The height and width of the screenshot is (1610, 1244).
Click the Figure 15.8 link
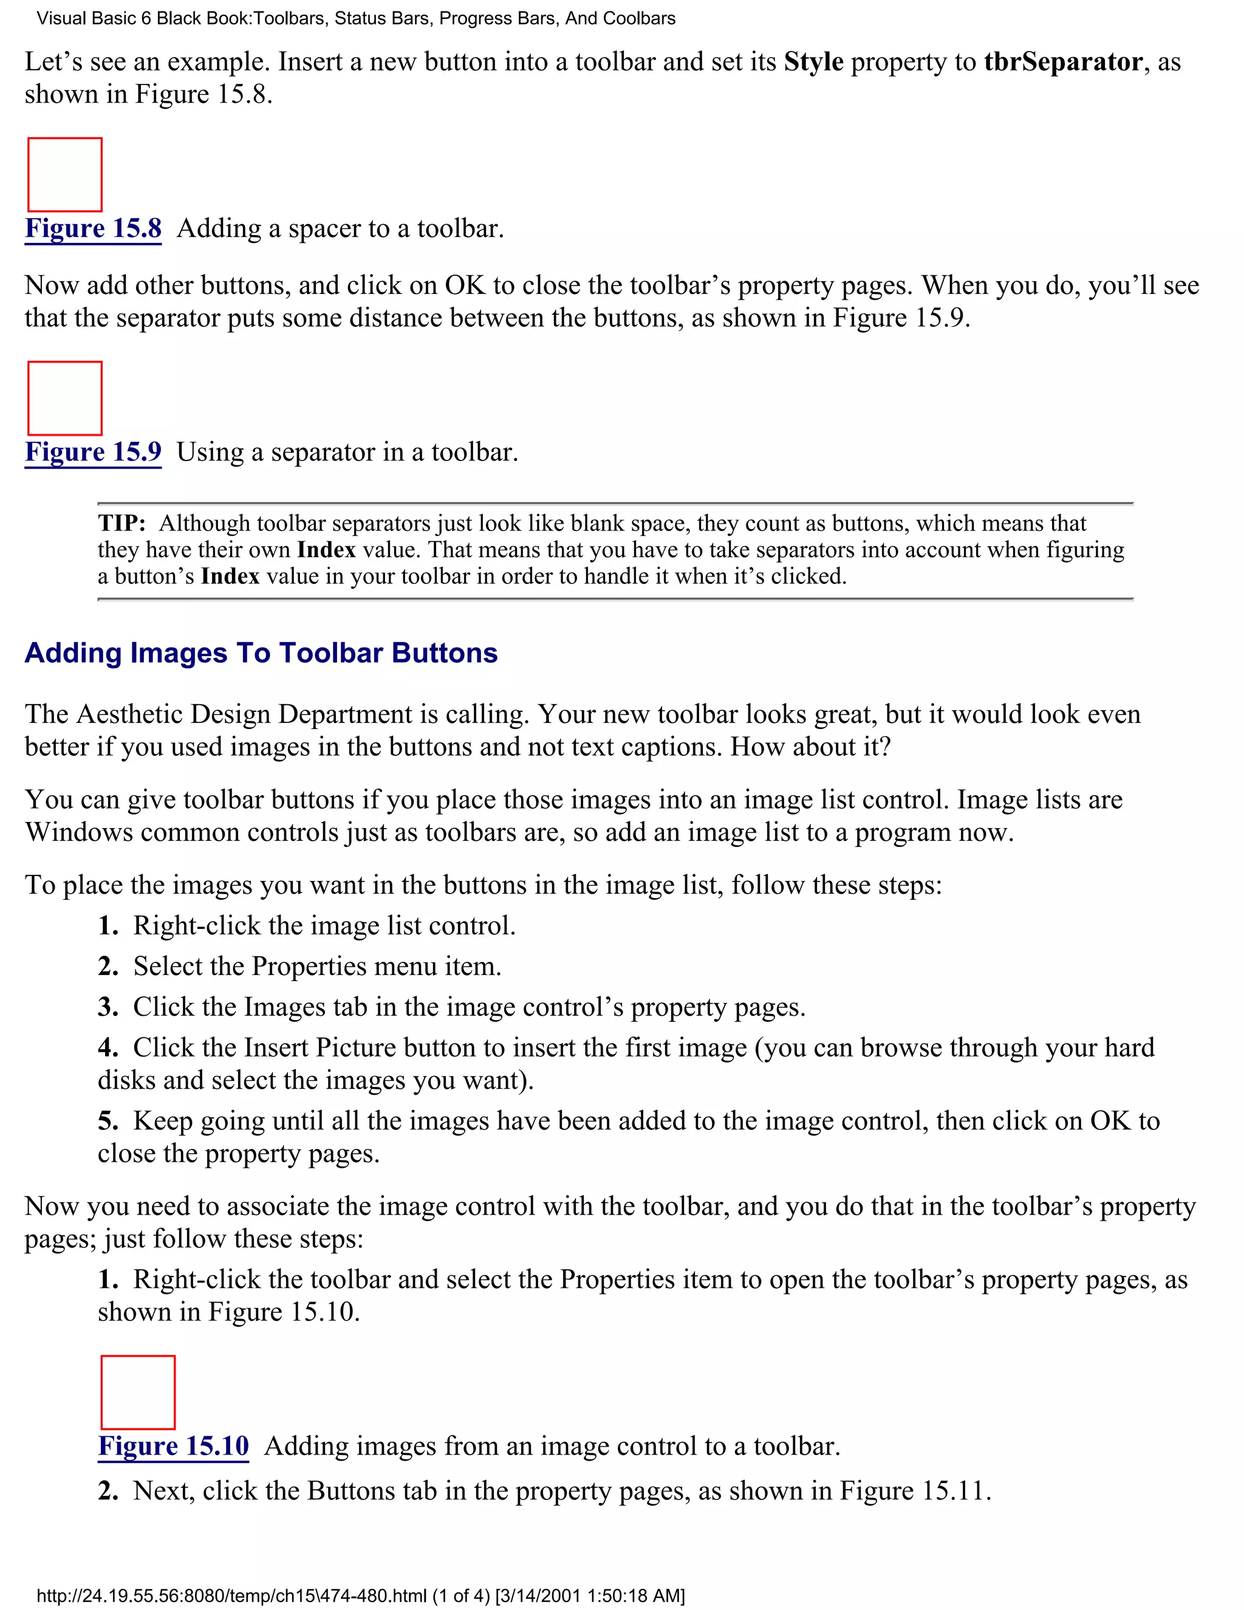pyautogui.click(x=93, y=228)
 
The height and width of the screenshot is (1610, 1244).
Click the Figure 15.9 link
pyautogui.click(x=93, y=452)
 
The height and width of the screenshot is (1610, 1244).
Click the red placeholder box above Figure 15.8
pyautogui.click(x=65, y=175)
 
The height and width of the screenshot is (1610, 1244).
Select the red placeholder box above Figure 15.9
pyautogui.click(x=65, y=398)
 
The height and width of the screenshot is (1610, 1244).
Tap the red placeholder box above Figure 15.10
pyautogui.click(x=138, y=1392)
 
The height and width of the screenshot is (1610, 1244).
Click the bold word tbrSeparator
pyautogui.click(x=1063, y=62)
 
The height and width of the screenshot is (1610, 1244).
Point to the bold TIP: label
pyautogui.click(x=121, y=523)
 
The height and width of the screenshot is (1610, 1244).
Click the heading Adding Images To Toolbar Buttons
pyautogui.click(x=261, y=653)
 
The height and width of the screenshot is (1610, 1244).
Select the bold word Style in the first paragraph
pyautogui.click(x=813, y=62)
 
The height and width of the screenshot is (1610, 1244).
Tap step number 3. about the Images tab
pyautogui.click(x=108, y=1007)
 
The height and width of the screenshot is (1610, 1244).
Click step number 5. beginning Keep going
pyautogui.click(x=108, y=1122)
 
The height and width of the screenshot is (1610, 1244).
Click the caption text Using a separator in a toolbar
pyautogui.click(x=347, y=452)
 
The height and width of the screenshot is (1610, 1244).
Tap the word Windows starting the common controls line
pyautogui.click(x=78, y=832)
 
